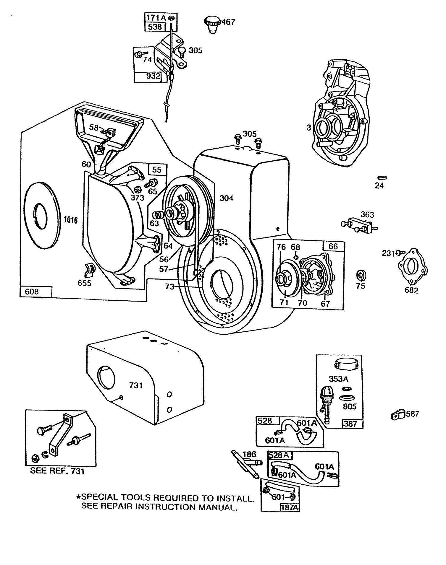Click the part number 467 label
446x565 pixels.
click(228, 22)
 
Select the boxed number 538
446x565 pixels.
click(155, 27)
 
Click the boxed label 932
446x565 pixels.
click(153, 76)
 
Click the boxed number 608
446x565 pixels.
click(32, 292)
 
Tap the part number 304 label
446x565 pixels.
click(226, 198)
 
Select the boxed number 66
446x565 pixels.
click(333, 246)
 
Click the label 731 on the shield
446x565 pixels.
click(136, 385)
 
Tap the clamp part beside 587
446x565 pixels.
click(396, 416)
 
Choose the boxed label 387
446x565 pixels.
click(351, 424)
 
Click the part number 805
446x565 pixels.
click(350, 407)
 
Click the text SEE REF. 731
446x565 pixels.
click(57, 471)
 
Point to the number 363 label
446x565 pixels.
click(367, 215)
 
